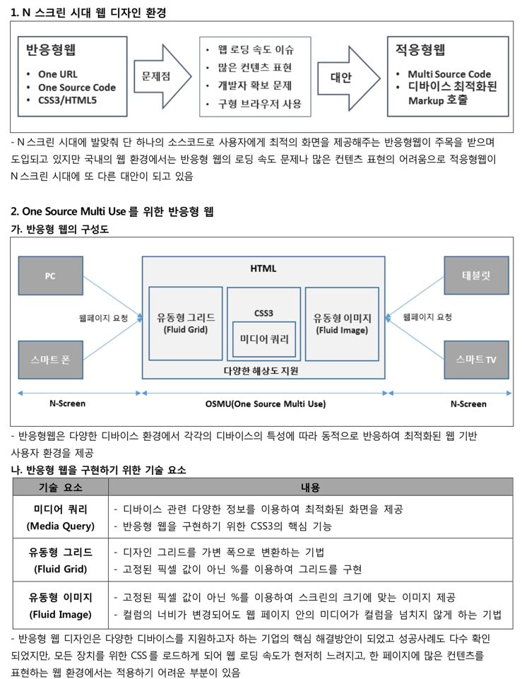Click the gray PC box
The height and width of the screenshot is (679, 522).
49,276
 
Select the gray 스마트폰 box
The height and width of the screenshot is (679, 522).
49,360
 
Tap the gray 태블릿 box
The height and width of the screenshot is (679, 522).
475,276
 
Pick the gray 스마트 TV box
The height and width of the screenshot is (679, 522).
475,360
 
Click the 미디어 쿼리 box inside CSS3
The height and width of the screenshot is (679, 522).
264,339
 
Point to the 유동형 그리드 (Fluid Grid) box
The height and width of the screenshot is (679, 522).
186,323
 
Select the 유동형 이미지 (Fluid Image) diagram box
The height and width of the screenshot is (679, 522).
342,323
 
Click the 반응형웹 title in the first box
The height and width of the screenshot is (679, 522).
50,50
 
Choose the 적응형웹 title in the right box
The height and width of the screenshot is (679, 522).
420,50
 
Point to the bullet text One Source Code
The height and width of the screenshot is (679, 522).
76,88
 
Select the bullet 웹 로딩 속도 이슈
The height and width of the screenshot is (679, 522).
256,49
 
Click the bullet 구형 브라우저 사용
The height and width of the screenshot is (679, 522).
259,104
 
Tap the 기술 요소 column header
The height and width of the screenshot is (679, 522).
60,487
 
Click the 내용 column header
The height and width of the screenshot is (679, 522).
310,487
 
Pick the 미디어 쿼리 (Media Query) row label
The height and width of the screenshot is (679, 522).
60,517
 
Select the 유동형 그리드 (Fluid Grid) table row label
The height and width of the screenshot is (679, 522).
60,560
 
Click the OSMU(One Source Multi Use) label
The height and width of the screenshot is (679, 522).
265,404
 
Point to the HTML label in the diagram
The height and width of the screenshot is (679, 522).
263,268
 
